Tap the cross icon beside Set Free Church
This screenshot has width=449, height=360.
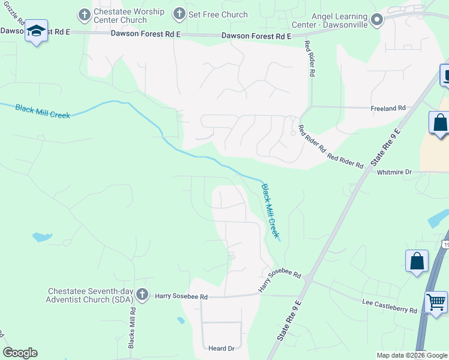pyautogui.click(x=179, y=14)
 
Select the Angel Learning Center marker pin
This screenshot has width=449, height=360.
pyautogui.click(x=376, y=21)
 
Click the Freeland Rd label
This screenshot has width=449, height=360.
pyautogui.click(x=388, y=108)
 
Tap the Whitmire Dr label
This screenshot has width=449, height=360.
pyautogui.click(x=394, y=172)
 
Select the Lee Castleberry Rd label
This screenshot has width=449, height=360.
pyautogui.click(x=390, y=306)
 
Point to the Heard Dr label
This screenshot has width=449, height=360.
pyautogui.click(x=221, y=348)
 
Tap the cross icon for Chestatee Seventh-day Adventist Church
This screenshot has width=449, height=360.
pyautogui.click(x=142, y=294)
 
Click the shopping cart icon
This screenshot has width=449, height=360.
pyautogui.click(x=436, y=301)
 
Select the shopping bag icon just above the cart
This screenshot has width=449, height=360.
pyautogui.click(x=417, y=262)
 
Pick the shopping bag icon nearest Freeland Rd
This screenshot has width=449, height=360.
pyautogui.click(x=439, y=122)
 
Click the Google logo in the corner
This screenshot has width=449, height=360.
pyautogui.click(x=20, y=353)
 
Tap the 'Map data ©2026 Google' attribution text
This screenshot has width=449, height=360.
pyautogui.click(x=412, y=355)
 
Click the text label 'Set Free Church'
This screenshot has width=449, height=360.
pyautogui.click(x=218, y=14)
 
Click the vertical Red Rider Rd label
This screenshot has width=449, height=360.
pyautogui.click(x=310, y=59)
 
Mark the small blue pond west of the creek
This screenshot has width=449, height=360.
pyautogui.click(x=41, y=237)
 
